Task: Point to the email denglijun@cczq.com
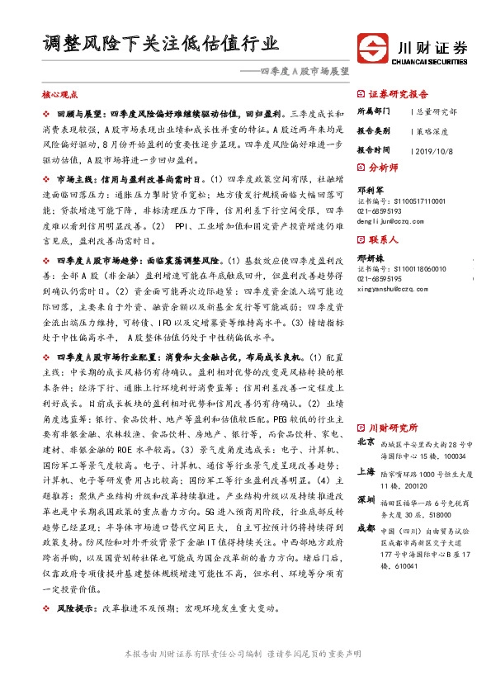pyautogui.click(x=396, y=222)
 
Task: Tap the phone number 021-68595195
pyautogui.click(x=380, y=278)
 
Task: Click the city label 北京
pyautogui.click(x=366, y=442)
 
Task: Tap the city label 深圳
pyautogui.click(x=366, y=500)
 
